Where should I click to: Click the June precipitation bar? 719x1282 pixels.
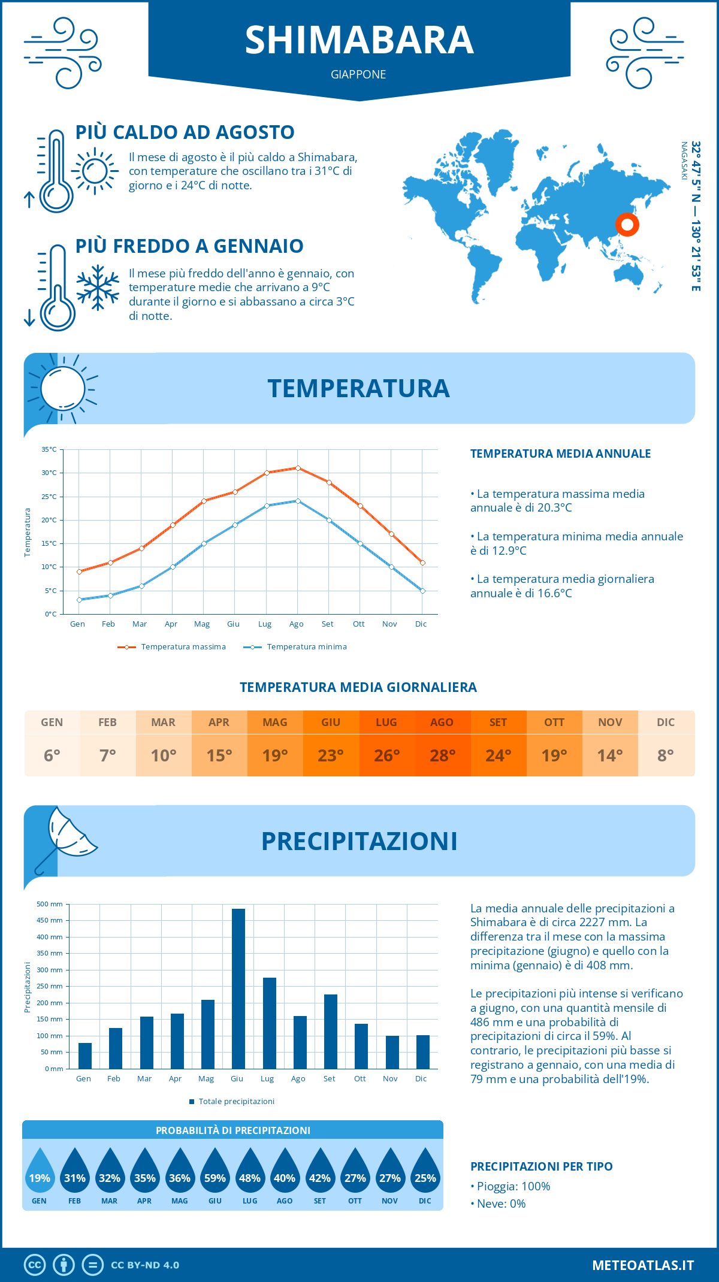[x=238, y=988]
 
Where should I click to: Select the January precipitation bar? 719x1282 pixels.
[x=85, y=1056]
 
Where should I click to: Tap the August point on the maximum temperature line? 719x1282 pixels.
[x=298, y=468]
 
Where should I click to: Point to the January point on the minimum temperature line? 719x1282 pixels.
[x=79, y=600]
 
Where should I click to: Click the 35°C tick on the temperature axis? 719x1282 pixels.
[x=49, y=449]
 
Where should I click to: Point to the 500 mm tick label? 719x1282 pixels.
[x=50, y=904]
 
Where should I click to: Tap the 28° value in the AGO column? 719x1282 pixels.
[x=442, y=755]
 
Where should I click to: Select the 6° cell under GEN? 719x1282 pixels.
[x=52, y=755]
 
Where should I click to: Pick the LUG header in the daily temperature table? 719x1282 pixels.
[x=386, y=722]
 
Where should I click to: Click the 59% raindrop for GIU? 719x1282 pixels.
[x=215, y=1174]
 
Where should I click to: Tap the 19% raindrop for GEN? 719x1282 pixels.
[x=40, y=1174]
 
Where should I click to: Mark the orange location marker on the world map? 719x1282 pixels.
[x=627, y=225]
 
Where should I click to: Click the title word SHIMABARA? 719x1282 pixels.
[x=359, y=40]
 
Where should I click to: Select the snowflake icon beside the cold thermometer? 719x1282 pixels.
[x=98, y=288]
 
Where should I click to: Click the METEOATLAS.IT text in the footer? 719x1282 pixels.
[x=642, y=1265]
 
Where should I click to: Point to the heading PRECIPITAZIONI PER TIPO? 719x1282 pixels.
[x=541, y=1166]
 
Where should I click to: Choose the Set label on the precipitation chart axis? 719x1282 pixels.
[x=329, y=1078]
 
